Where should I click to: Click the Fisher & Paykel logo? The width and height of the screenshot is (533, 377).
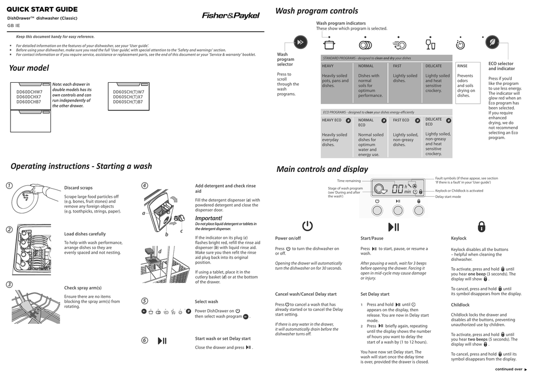pyautogui.click(x=231, y=16)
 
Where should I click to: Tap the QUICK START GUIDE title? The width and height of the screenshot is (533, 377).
pyautogui.click(x=42, y=9)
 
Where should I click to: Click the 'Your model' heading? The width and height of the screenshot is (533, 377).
pyautogui.click(x=29, y=68)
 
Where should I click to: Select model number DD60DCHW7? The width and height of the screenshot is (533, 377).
pyautogui.click(x=29, y=92)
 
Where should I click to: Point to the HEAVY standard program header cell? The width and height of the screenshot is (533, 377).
pyautogui.click(x=328, y=66)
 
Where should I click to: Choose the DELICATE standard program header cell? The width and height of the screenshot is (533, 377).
pyautogui.click(x=434, y=66)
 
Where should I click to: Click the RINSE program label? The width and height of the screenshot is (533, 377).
pyautogui.click(x=462, y=66)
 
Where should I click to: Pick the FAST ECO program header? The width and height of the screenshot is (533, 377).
pyautogui.click(x=401, y=120)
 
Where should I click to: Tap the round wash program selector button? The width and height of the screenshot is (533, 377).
pyautogui.click(x=300, y=43)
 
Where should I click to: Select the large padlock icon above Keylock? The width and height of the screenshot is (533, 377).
pyautogui.click(x=481, y=226)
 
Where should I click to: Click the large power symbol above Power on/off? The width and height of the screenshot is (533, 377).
pyautogui.click(x=307, y=226)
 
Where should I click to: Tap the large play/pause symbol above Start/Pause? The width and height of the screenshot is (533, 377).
pyautogui.click(x=394, y=226)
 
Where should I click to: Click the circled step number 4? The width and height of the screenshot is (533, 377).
pyautogui.click(x=145, y=186)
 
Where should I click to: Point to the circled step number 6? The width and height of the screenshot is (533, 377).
pyautogui.click(x=145, y=341)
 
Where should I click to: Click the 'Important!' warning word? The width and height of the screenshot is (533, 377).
pyautogui.click(x=208, y=218)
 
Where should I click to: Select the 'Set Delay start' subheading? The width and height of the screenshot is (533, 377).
pyautogui.click(x=375, y=294)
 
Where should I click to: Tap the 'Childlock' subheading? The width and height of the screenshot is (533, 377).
pyautogui.click(x=460, y=305)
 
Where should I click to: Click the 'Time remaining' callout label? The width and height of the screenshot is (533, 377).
pyautogui.click(x=349, y=181)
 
